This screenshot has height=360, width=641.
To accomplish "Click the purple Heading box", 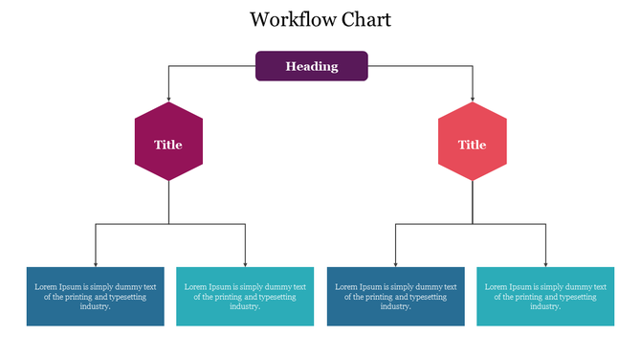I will pos(311,66).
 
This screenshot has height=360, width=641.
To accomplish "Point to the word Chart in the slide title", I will pos(364,19).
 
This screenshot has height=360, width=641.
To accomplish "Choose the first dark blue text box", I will pos(95,296).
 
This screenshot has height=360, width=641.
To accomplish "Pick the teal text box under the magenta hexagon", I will pos(245,296).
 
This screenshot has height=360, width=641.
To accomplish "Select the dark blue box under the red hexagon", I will pos(396,296).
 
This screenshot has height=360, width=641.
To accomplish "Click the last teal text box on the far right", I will pos(545,296).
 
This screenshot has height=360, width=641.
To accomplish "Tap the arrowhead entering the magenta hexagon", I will pos(168,99).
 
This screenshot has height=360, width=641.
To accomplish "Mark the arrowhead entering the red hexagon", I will pos(473,99).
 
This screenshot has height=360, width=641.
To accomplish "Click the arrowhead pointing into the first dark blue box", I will pos(95,263).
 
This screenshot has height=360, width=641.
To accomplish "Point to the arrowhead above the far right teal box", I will pos(546,263).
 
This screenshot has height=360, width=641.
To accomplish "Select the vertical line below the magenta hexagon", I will pos(168,202).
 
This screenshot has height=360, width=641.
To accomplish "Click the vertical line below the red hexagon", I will pos(473,202).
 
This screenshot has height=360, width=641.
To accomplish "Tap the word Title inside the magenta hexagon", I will pos(168,145).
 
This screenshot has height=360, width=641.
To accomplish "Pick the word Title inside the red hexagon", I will pos(472,145).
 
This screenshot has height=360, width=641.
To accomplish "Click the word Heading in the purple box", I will pos(311,66).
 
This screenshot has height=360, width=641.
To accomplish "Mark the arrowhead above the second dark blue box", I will pos(396,263).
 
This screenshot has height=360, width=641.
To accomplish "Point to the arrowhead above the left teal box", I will pos(246,263).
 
